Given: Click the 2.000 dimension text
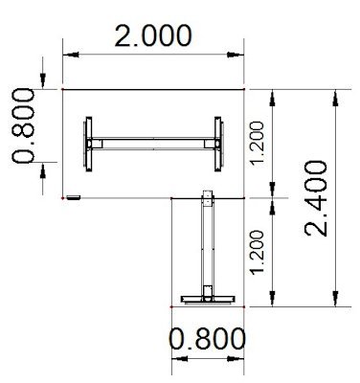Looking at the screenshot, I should pos(152,36).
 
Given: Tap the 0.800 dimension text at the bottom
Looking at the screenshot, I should pos(206,338).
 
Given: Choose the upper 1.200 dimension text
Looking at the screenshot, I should pos(255,143).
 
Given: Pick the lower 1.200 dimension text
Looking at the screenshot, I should pos(255,252).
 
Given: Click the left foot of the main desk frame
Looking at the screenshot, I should pos(89,144).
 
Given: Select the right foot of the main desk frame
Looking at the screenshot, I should pos(217,144).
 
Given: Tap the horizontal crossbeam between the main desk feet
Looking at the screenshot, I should pos(153,145).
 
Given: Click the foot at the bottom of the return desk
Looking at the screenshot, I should pos(207,296).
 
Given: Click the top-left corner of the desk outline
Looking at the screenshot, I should pos(63,89).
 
